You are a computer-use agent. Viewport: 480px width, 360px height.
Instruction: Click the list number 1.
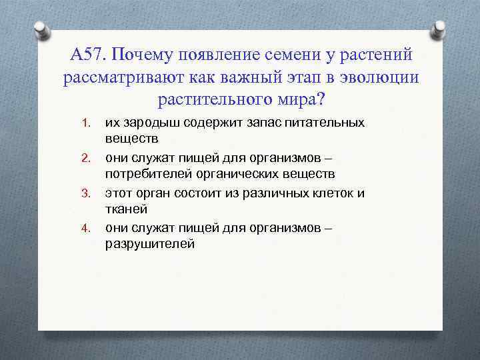tap(85, 123)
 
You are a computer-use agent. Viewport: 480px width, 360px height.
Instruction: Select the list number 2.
tap(85, 158)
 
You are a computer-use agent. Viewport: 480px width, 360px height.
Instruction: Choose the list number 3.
tap(85, 193)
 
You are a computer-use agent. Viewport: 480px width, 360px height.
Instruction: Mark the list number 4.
tap(85, 228)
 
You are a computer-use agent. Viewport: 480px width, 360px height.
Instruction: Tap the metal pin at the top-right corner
tap(439, 30)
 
